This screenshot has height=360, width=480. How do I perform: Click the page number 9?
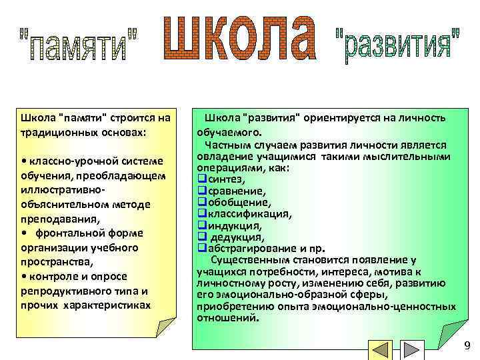pos(467,345)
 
